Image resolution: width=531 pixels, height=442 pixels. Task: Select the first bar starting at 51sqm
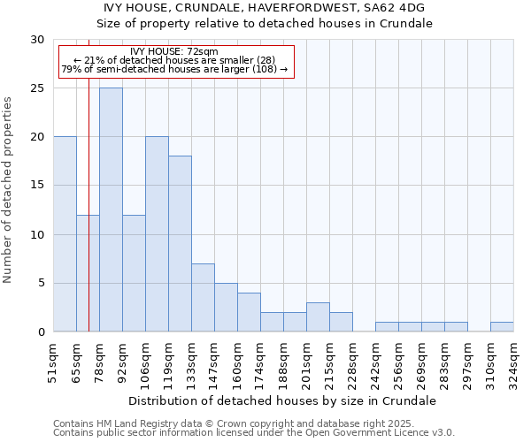[65, 234]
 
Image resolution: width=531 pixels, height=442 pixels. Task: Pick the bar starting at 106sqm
[157, 234]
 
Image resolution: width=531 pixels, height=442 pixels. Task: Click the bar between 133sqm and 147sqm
[203, 297]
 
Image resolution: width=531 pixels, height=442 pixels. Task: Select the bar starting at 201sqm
[318, 316]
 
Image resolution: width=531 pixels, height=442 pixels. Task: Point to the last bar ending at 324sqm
[502, 326]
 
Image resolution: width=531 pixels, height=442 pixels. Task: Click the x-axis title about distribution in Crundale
[282, 400]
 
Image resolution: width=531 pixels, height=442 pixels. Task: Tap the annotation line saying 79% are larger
[174, 69]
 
